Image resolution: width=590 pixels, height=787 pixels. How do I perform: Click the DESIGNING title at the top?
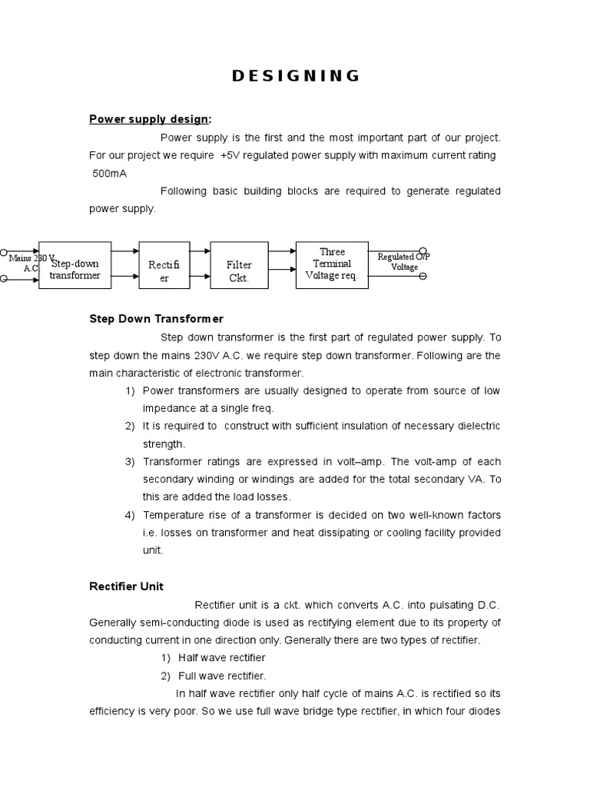click(x=296, y=75)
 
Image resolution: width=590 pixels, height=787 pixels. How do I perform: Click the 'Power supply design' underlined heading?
click(x=148, y=118)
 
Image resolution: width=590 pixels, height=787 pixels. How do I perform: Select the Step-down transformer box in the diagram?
click(x=75, y=265)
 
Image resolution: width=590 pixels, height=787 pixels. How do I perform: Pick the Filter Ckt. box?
click(x=238, y=271)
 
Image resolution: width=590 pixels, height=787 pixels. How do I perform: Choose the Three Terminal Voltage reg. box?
click(x=332, y=264)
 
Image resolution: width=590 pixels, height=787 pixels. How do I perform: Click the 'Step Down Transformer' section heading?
click(x=156, y=318)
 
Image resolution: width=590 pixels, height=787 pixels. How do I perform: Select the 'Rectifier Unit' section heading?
click(x=126, y=586)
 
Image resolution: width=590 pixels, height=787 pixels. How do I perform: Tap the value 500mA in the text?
click(x=110, y=173)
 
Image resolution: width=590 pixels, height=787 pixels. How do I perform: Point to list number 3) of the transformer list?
click(x=130, y=462)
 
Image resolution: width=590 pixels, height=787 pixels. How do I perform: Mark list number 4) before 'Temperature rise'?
click(x=130, y=515)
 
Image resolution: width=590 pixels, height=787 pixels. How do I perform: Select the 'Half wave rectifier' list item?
click(x=222, y=658)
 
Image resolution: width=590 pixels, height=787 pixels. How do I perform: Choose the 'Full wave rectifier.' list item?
click(x=222, y=676)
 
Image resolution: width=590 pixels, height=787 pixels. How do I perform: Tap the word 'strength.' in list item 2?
click(x=164, y=443)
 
